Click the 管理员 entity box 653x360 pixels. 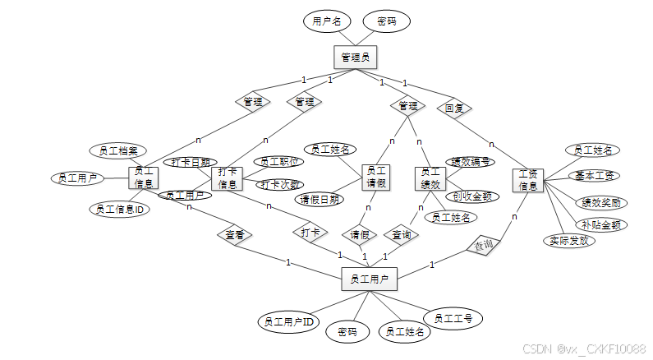click(356, 57)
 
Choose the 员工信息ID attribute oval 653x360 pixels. click(119, 210)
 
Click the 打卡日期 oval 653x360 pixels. click(190, 162)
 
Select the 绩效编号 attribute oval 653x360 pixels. click(470, 163)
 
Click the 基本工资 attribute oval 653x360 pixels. click(596, 176)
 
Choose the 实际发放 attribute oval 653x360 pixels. click(567, 240)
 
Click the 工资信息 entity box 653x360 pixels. click(527, 181)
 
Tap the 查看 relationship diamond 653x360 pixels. click(235, 235)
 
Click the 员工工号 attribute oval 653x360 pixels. click(453, 318)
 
